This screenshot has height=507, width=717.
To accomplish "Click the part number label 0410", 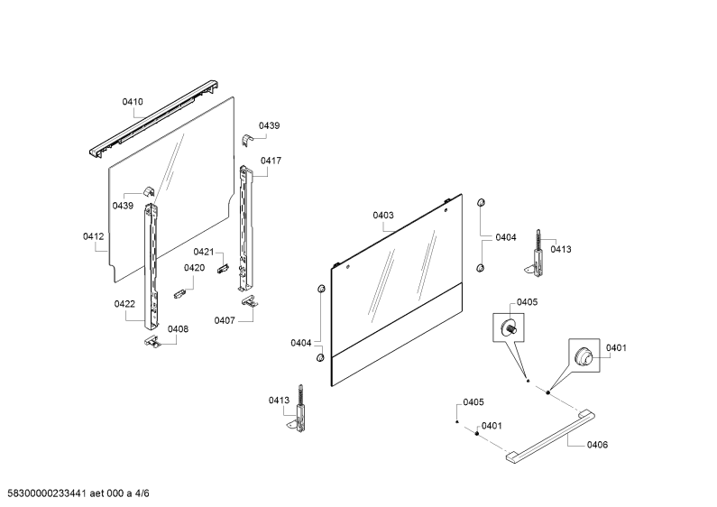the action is pos(133,102).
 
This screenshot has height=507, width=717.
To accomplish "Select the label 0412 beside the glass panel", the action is pos(93,236).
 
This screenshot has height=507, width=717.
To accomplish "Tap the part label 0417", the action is pos(271,161).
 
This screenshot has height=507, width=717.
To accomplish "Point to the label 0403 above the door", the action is pos(383,215).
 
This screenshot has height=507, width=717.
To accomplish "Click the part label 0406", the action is pos(598,445).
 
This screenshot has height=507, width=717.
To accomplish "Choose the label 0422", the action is pos(124,304).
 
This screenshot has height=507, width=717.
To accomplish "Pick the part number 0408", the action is pos(178,329).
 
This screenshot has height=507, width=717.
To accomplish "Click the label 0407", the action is pos(225,321).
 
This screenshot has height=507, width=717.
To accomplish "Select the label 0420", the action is pos(194,268).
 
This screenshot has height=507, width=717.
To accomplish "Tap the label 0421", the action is pos(204,252).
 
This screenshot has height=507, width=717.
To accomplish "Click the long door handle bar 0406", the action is pos(550,438).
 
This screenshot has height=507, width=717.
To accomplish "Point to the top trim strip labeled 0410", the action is pos(152,120).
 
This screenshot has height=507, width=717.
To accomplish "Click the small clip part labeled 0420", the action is pos(179,293).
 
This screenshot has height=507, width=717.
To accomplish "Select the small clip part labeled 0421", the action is pos(223,268).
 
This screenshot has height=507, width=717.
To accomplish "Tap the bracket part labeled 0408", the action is pos(152,341).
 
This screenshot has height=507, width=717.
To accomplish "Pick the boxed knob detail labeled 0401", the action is pos(584,355).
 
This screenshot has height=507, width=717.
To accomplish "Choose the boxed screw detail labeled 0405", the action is pos(508,327).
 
